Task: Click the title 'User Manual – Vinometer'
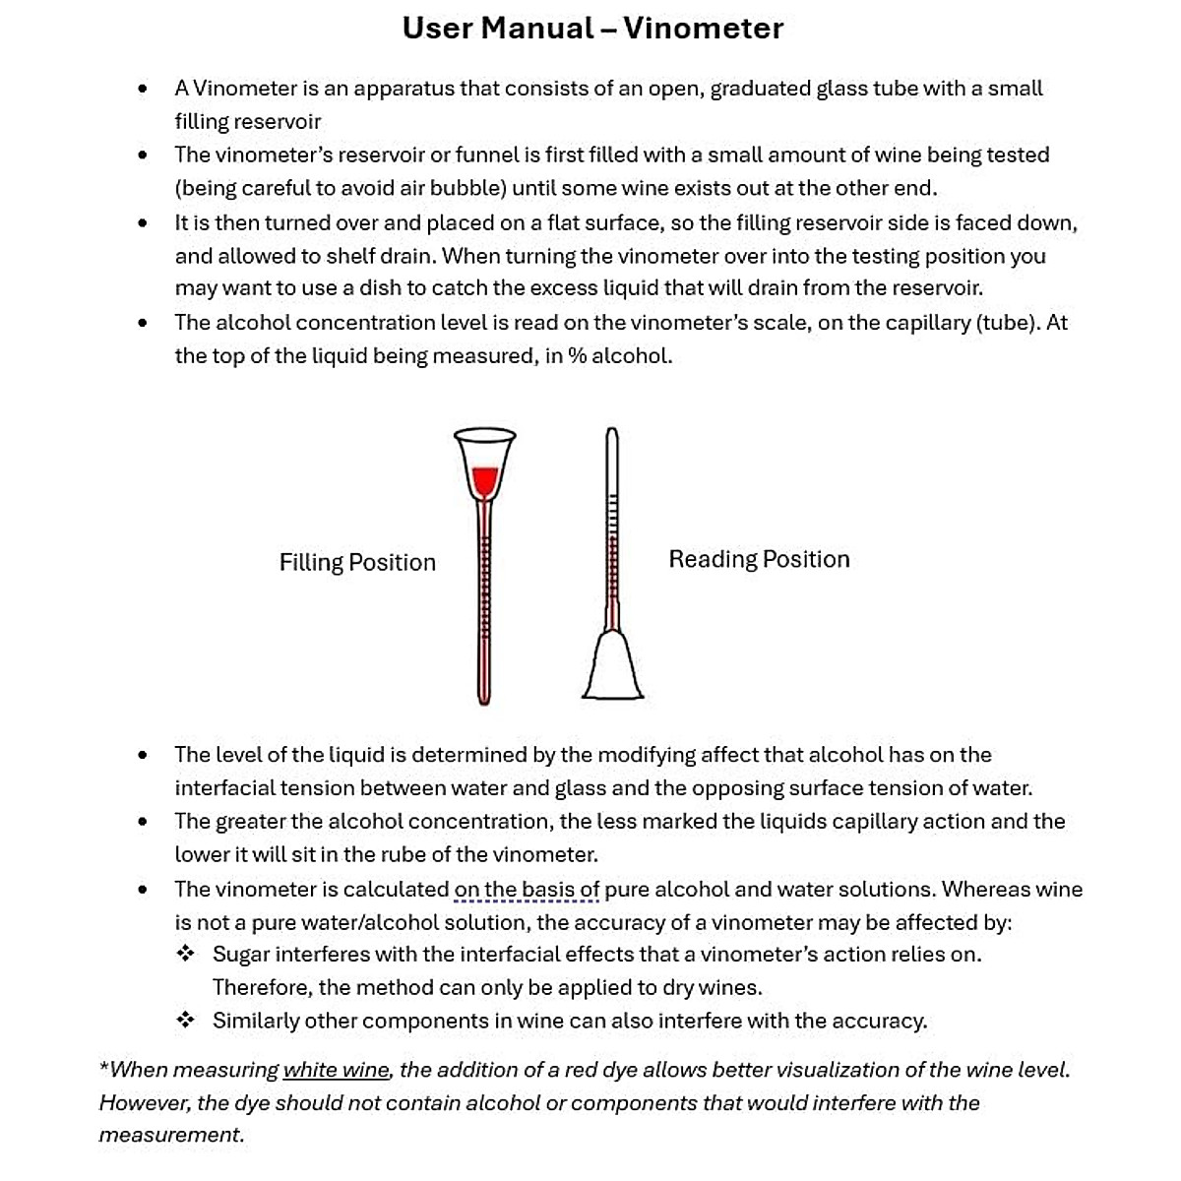tap(592, 29)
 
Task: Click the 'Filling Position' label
tap(357, 562)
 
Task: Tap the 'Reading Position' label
tap(759, 559)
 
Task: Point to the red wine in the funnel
tap(483, 479)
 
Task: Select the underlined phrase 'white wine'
tap(337, 1070)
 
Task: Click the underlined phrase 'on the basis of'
tap(527, 890)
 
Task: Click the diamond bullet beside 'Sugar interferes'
tap(185, 954)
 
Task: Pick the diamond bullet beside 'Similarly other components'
tap(185, 1021)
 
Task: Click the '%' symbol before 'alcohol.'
tap(577, 356)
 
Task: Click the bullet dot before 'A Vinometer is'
tap(144, 89)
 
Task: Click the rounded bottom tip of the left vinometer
tap(483, 700)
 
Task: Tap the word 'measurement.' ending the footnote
tap(171, 1135)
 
